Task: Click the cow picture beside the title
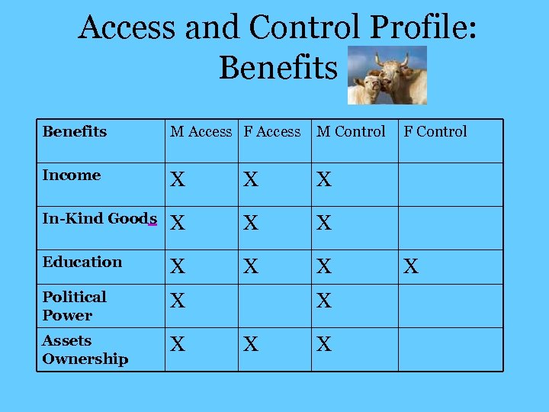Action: click(x=387, y=75)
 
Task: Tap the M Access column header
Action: click(x=201, y=132)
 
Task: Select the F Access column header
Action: click(x=272, y=132)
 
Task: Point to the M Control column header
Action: click(x=351, y=132)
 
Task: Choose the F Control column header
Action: click(x=435, y=132)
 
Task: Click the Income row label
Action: click(x=72, y=175)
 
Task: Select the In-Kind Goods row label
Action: click(x=99, y=219)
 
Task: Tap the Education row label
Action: click(x=82, y=262)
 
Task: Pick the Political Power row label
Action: click(x=74, y=306)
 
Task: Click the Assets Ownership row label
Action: click(x=85, y=349)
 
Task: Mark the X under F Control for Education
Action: click(x=411, y=267)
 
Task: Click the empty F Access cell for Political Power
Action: click(x=274, y=306)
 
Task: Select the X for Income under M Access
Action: click(x=178, y=180)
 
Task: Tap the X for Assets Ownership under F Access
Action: click(x=251, y=345)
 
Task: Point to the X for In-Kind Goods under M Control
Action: click(x=324, y=224)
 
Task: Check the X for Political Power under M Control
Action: click(x=324, y=301)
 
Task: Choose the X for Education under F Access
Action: click(x=251, y=267)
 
